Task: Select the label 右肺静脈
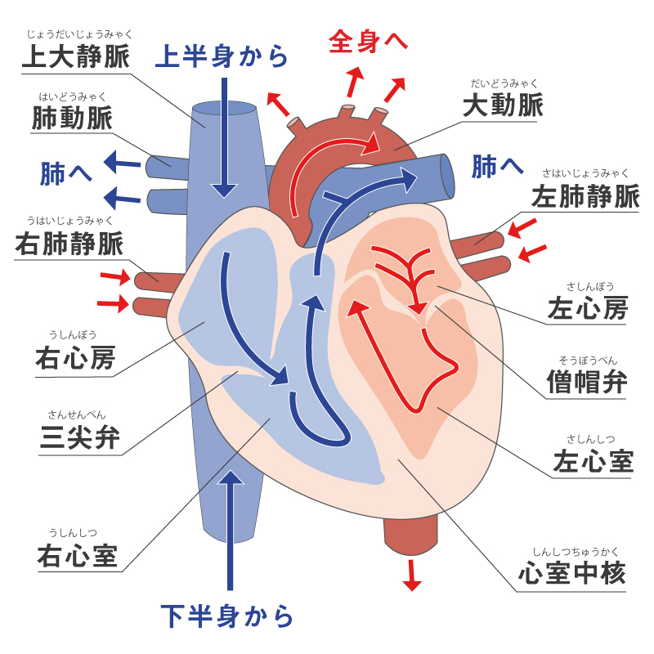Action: [x=69, y=243]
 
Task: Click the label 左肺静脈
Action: [x=585, y=196]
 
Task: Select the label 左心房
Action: [x=589, y=308]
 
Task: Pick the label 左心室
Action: [x=593, y=461]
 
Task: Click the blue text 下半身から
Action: [x=226, y=616]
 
